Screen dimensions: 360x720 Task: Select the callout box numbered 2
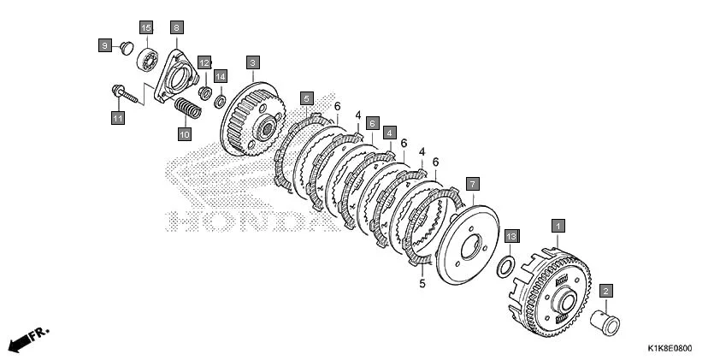(x=606, y=292)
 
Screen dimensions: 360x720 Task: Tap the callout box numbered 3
(x=252, y=62)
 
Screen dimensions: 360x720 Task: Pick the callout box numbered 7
(x=473, y=184)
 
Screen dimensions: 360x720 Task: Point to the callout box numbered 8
(x=175, y=28)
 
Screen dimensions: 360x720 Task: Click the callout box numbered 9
(x=104, y=44)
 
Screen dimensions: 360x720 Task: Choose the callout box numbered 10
(x=184, y=133)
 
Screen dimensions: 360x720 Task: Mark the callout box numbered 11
(x=118, y=118)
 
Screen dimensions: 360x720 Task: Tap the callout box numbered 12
(x=204, y=62)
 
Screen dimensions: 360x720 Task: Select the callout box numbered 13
(x=510, y=235)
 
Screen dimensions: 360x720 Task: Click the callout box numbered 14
(x=220, y=77)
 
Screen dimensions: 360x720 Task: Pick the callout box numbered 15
(x=145, y=28)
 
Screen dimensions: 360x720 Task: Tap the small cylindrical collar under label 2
(x=606, y=324)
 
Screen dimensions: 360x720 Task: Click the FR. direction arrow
(x=27, y=339)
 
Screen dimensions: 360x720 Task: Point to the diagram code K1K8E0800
(x=670, y=350)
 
